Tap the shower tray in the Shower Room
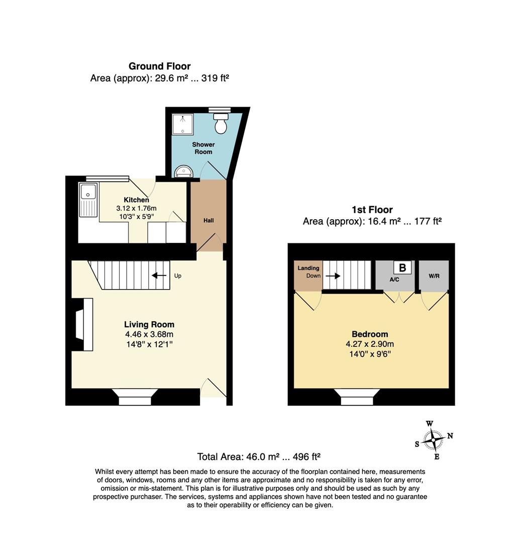pyautogui.click(x=183, y=124)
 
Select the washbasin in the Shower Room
pyautogui.click(x=183, y=171)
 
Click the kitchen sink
pyautogui.click(x=88, y=200)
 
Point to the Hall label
pyautogui.click(x=209, y=220)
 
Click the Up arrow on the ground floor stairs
pyautogui.click(x=159, y=276)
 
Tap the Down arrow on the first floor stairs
pyautogui.click(x=333, y=276)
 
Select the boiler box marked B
pyautogui.click(x=402, y=267)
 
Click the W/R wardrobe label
pyautogui.click(x=434, y=276)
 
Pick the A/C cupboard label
pyautogui.click(x=394, y=280)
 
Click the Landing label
pyautogui.click(x=308, y=268)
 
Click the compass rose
pyautogui.click(x=434, y=440)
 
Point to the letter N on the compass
pyautogui.click(x=450, y=435)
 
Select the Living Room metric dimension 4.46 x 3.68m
pyautogui.click(x=149, y=334)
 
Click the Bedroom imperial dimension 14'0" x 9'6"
pyautogui.click(x=370, y=354)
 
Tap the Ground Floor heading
pyautogui.click(x=159, y=66)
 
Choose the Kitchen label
pyautogui.click(x=136, y=200)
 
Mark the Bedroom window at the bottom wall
pyautogui.click(x=357, y=397)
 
